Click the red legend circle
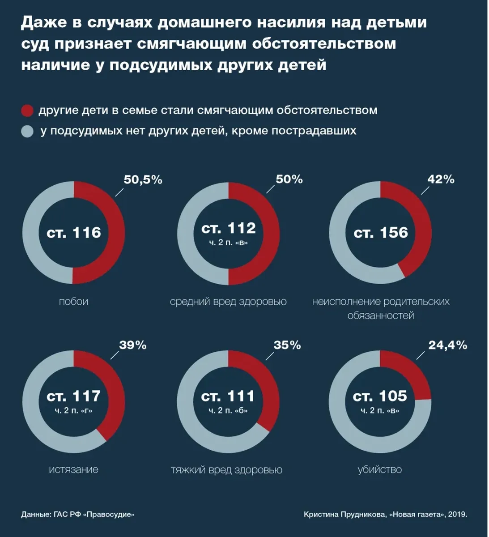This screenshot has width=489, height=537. [x=27, y=111]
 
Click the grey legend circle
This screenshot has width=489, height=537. [x=27, y=131]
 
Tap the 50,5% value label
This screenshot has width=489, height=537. [x=143, y=180]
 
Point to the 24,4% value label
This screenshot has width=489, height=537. [x=448, y=345]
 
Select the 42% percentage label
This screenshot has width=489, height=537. [x=441, y=179]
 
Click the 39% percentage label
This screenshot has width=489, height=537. [x=132, y=345]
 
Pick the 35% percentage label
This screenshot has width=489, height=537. [x=287, y=345]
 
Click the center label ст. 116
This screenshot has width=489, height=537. [x=74, y=233]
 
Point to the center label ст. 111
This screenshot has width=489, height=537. [x=228, y=396]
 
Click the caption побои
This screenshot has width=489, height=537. [x=73, y=302]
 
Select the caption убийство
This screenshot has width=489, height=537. [x=379, y=469]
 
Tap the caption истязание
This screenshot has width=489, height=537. [x=73, y=469]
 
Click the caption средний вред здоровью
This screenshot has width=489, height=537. [x=228, y=302]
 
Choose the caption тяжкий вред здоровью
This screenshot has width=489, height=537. [x=226, y=469]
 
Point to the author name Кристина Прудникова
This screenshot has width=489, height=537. [x=344, y=514]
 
